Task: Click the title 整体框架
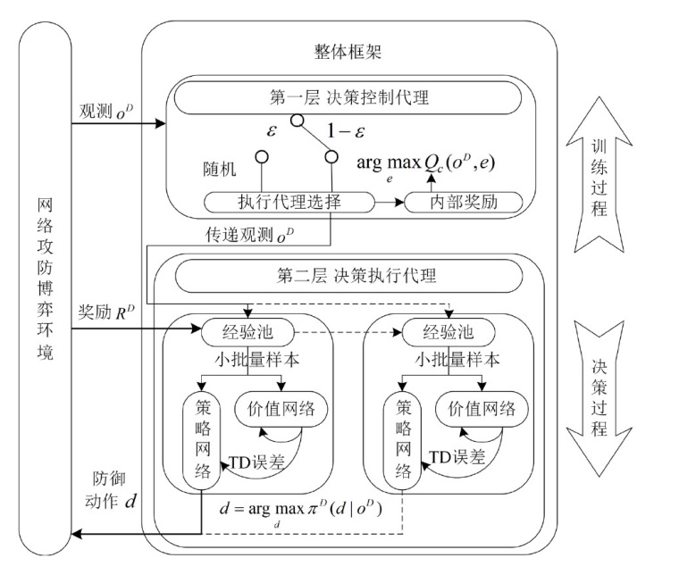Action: point(349,52)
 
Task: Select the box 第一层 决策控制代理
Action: point(348,97)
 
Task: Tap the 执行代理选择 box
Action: point(286,203)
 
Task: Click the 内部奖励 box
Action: point(464,203)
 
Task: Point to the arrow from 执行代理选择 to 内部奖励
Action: point(386,203)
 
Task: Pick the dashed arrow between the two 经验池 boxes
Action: point(350,332)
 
